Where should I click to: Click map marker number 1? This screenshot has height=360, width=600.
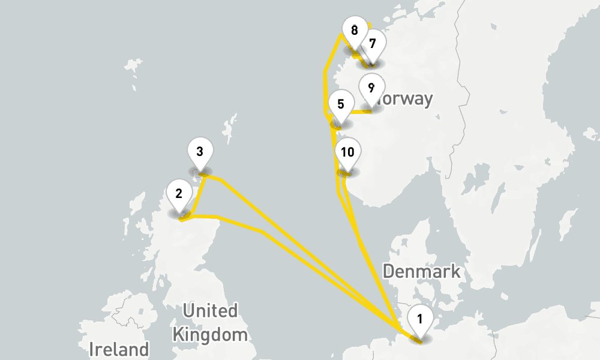419,318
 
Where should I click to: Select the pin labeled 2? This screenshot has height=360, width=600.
179,194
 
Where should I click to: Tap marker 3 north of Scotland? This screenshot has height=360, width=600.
200,151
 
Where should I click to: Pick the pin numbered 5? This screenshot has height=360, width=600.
341,104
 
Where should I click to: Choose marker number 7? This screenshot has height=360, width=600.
373,44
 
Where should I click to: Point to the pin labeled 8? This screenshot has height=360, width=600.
354,30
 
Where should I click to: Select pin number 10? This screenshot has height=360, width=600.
347,152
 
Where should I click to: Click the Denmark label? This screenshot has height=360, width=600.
421,271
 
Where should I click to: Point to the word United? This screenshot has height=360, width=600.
210,311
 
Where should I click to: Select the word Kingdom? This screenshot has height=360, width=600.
209,334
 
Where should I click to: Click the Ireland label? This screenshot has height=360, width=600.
119,349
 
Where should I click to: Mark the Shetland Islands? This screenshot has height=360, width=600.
228,129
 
